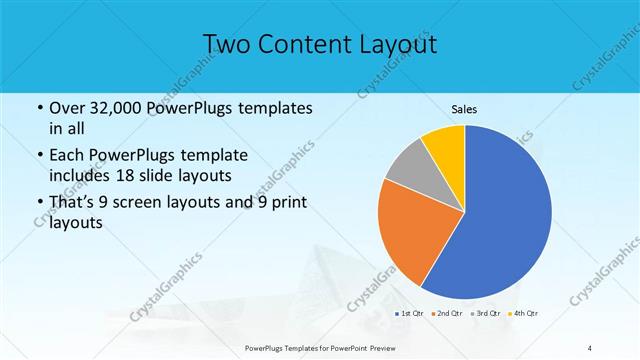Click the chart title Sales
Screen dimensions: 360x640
[464, 108]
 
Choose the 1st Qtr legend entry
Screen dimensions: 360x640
[410, 314]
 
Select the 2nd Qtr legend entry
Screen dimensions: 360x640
[446, 314]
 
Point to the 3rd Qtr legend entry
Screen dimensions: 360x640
[485, 314]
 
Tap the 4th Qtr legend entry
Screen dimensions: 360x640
[523, 314]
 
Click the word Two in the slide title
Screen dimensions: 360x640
[227, 44]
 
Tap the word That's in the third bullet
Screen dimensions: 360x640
[74, 204]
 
